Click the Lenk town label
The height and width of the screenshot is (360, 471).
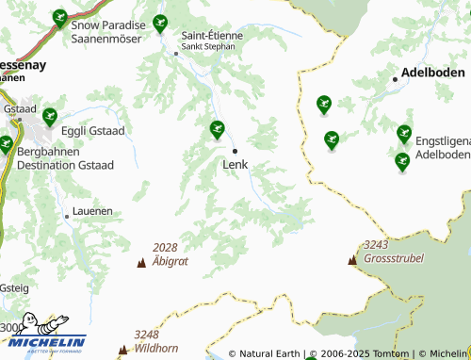[x=235, y=166]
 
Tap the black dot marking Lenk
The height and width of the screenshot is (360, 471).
[x=235, y=151]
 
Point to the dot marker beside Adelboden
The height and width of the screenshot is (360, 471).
[x=395, y=79]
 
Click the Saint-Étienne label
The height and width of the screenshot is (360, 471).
[x=212, y=35]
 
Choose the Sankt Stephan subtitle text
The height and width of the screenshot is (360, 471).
[x=208, y=46]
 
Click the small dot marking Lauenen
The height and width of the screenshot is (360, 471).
[x=67, y=217]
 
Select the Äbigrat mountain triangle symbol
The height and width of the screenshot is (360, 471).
[x=141, y=263]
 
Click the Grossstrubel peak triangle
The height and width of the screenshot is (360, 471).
[x=352, y=260]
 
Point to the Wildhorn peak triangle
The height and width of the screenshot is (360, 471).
[x=122, y=351]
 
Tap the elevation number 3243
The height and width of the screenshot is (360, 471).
[x=375, y=244]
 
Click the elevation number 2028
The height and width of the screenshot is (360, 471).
[x=165, y=248]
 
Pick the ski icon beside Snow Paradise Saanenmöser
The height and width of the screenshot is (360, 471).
[x=59, y=17]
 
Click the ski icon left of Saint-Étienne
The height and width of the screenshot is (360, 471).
[x=160, y=23]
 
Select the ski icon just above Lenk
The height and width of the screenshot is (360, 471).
[x=217, y=128]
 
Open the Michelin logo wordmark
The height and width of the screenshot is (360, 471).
[x=49, y=342]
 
